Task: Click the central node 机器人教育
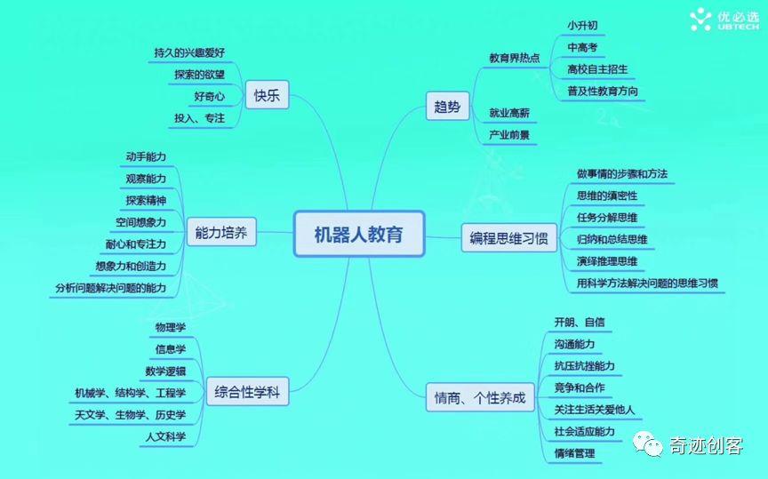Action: click(358, 234)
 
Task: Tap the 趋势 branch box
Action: click(447, 108)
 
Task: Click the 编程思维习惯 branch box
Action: click(508, 238)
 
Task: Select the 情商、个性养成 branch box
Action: click(480, 397)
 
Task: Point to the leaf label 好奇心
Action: click(210, 96)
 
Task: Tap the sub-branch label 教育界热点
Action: click(514, 58)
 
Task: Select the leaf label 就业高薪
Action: click(509, 113)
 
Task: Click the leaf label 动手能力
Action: click(146, 156)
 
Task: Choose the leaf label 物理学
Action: click(170, 327)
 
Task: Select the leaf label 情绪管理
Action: click(573, 453)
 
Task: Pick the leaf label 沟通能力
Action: click(573, 344)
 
